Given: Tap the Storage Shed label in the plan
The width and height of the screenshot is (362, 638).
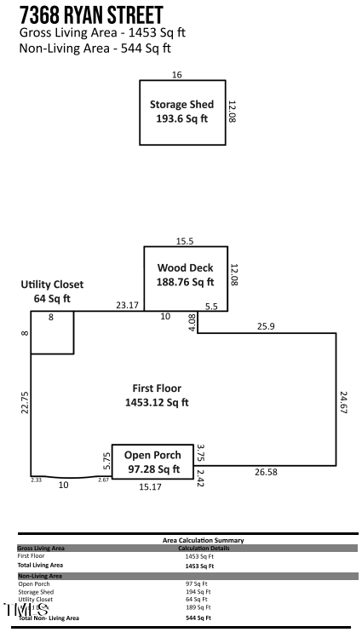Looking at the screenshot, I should (x=181, y=105).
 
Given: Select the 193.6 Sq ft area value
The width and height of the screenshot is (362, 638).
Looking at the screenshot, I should (x=181, y=119).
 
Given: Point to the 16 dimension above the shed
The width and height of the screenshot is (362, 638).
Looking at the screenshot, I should (x=177, y=75).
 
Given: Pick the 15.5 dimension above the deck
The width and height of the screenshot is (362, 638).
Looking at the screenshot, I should (x=186, y=241).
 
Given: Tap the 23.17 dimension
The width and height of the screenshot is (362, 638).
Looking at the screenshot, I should (x=128, y=304).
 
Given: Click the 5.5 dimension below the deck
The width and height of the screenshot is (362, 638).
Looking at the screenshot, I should (x=212, y=304).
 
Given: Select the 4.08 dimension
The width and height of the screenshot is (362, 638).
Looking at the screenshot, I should (x=192, y=322).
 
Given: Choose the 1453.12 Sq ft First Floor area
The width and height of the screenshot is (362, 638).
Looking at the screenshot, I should (x=157, y=402).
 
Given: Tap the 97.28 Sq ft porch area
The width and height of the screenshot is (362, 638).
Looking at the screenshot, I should (x=154, y=469).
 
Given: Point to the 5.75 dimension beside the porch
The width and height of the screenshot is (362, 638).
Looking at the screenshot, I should (x=106, y=461).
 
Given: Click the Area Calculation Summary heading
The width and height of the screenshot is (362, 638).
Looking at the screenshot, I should (x=203, y=540).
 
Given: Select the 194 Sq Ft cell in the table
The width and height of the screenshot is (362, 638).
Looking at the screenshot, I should (x=198, y=591).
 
